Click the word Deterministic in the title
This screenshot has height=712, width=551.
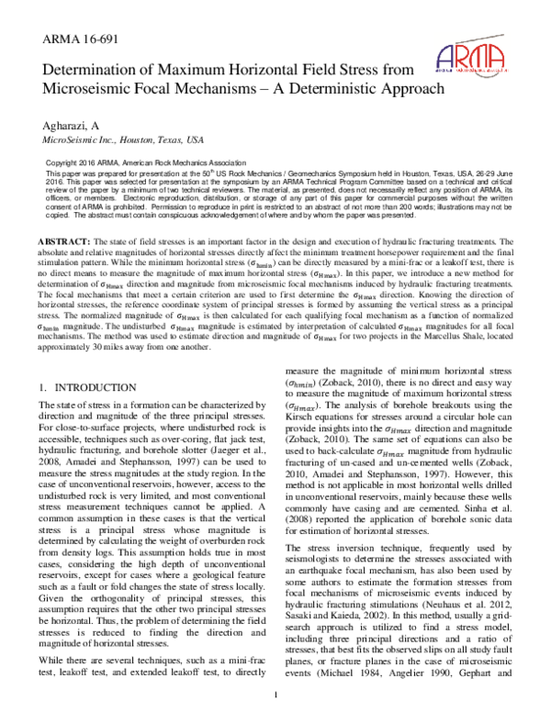point(342,89)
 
